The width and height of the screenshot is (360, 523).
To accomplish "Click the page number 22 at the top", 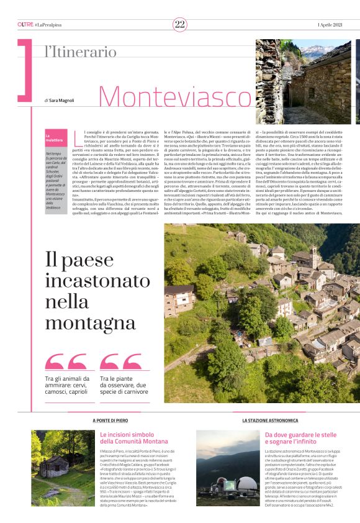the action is click(180, 24).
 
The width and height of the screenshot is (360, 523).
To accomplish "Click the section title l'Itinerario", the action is click(80, 53).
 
